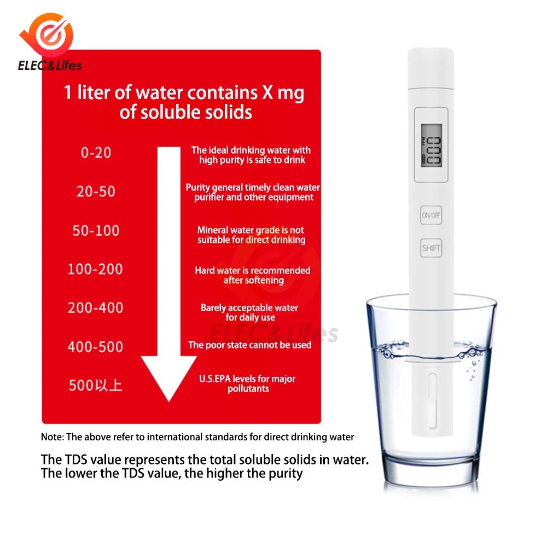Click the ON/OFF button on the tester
(x=431, y=215)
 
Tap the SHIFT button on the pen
(x=431, y=248)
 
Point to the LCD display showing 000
(x=432, y=145)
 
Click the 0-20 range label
(x=96, y=153)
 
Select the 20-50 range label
(x=96, y=191)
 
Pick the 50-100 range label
(x=96, y=231)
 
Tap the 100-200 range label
(x=95, y=269)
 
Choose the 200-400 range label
(x=95, y=308)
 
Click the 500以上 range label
(x=95, y=386)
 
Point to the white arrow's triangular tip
(x=169, y=401)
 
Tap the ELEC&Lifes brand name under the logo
(x=50, y=65)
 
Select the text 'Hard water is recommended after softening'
(x=253, y=275)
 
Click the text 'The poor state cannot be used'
(x=250, y=345)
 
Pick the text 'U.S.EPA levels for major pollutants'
(x=247, y=384)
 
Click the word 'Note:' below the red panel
(x=53, y=437)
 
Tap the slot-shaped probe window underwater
(x=433, y=401)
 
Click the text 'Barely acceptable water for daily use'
(x=250, y=312)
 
